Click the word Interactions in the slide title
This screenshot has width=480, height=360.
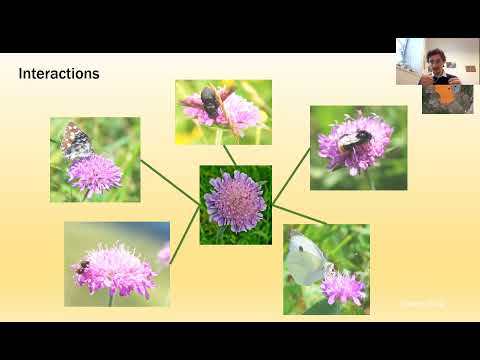pyautogui.click(x=59, y=75)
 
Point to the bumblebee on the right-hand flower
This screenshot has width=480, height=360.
pyautogui.click(x=354, y=139)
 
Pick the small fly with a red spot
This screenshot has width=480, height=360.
pyautogui.click(x=83, y=266)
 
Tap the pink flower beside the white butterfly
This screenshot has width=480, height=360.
pyautogui.click(x=343, y=287)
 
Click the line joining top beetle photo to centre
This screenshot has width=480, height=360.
pyautogui.click(x=230, y=155)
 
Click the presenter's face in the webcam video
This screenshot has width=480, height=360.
pyautogui.click(x=436, y=57)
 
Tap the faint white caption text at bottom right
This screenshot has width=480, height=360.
pyautogui.click(x=421, y=302)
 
